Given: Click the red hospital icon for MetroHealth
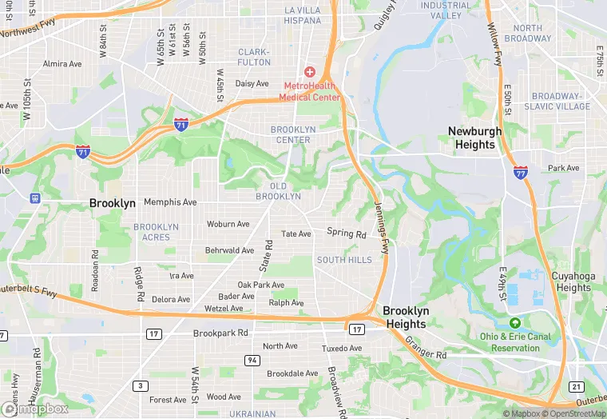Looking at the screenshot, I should coord(309,72).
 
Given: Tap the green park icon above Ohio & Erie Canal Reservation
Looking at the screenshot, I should coord(515,323).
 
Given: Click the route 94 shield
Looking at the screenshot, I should coord(252,361).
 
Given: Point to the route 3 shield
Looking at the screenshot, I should coord(141,385).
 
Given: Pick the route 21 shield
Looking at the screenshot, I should coord(577,386).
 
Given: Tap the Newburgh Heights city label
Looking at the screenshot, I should coord(474,138).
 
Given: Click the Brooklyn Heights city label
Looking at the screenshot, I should coord(406,317).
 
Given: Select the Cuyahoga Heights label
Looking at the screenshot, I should coord(573,281).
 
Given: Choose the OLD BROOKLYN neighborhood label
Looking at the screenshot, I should coord(279,191).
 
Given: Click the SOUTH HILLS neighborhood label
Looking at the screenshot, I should coord(344,260).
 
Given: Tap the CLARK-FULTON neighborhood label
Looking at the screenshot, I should coord(254,57).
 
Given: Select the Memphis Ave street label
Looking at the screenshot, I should coord(170,202).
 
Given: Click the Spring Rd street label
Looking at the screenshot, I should coord(346,233).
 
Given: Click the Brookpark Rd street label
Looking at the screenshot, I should coord(220,333).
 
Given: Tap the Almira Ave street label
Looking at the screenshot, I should coord(62,63).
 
